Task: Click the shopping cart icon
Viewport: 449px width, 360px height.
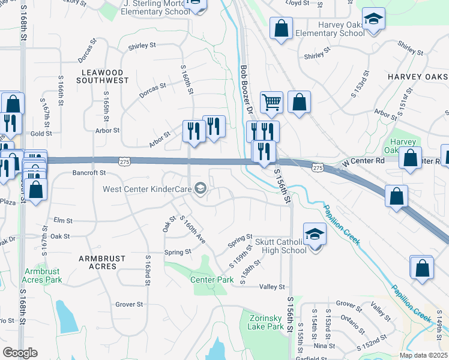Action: point(271,102)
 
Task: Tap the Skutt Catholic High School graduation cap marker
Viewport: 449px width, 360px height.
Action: point(315,235)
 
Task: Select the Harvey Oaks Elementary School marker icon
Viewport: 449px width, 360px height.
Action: point(373,19)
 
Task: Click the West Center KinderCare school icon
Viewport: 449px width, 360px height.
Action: point(200,190)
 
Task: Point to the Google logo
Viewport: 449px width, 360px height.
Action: point(20,353)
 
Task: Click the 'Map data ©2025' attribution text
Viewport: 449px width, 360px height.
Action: point(423,355)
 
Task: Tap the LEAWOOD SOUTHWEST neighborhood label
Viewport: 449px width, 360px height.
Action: point(105,76)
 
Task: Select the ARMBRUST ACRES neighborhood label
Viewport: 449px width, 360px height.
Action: point(103,259)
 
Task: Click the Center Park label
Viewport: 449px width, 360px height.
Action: point(212,280)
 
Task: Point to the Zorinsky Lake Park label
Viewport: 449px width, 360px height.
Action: point(265,323)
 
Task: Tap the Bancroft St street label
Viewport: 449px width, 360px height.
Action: point(89,173)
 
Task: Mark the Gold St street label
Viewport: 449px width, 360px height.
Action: point(41,133)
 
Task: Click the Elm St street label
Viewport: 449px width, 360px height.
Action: point(62,221)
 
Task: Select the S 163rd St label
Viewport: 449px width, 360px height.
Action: point(147,269)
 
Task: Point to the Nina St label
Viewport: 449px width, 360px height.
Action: point(324,346)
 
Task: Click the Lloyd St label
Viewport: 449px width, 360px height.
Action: point(297,2)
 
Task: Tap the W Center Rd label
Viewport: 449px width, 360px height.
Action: point(363,163)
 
